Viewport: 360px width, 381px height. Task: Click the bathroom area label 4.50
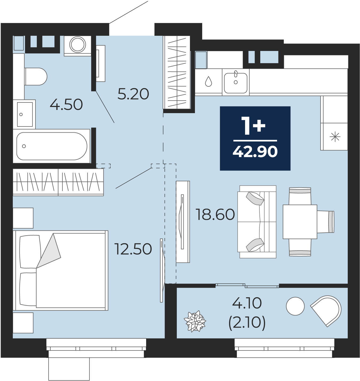click(66, 105)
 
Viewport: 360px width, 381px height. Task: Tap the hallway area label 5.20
click(133, 94)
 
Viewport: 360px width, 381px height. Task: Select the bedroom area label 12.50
click(133, 249)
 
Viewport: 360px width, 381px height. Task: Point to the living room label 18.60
click(215, 214)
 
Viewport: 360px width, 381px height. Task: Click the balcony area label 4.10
click(247, 303)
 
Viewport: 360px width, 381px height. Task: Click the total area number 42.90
click(255, 152)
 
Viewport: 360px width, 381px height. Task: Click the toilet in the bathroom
click(36, 76)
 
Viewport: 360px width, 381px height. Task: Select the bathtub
click(51, 146)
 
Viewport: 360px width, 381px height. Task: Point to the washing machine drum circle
click(78, 45)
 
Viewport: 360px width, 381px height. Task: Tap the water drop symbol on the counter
click(209, 81)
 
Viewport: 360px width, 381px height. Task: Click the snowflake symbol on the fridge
click(335, 137)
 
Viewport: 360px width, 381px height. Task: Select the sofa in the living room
click(257, 222)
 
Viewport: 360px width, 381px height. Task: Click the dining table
click(300, 222)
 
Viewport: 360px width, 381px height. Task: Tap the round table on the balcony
click(295, 306)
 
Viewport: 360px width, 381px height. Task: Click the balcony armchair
click(327, 310)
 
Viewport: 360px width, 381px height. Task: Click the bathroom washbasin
click(25, 114)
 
